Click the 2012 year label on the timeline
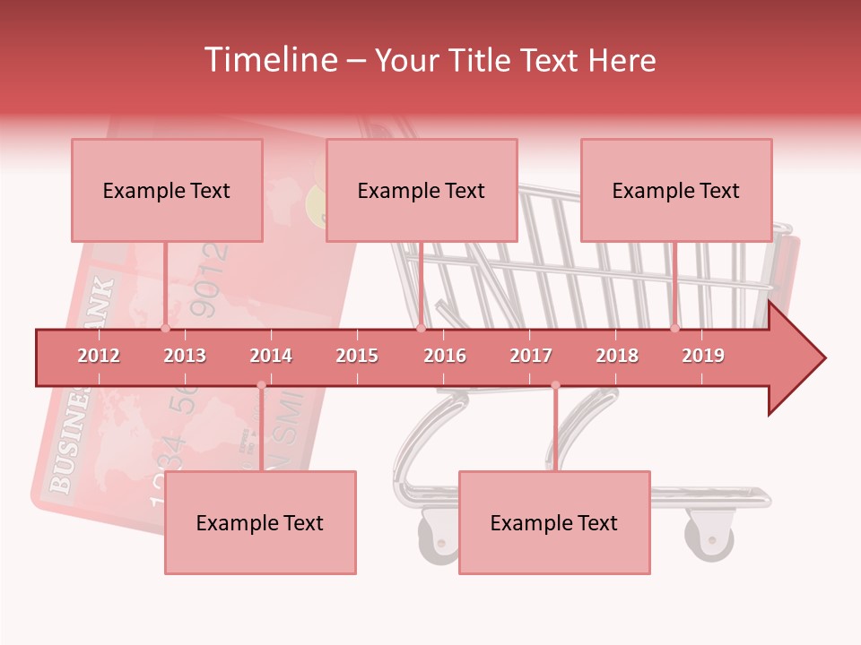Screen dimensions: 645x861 tap(99, 356)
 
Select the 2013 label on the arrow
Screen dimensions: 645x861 tap(185, 356)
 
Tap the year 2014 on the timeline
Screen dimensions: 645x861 tap(271, 356)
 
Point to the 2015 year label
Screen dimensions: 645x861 tap(357, 356)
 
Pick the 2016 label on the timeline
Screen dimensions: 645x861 tap(445, 356)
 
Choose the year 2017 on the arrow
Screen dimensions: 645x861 tap(531, 356)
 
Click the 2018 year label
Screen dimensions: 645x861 tap(617, 356)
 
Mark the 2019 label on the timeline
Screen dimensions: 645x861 tap(703, 356)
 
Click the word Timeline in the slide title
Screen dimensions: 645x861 tap(269, 60)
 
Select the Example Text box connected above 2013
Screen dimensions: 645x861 tap(167, 190)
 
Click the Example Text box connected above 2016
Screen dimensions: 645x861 tap(422, 190)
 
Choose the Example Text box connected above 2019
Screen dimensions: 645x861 tap(676, 190)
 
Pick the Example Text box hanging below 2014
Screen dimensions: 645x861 tap(260, 522)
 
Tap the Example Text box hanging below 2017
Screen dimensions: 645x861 tap(554, 522)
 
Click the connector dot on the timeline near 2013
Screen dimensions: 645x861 tap(165, 329)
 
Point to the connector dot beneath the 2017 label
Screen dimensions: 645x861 tap(555, 385)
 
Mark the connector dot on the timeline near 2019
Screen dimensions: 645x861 tap(674, 329)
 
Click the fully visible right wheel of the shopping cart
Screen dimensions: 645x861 tap(709, 537)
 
